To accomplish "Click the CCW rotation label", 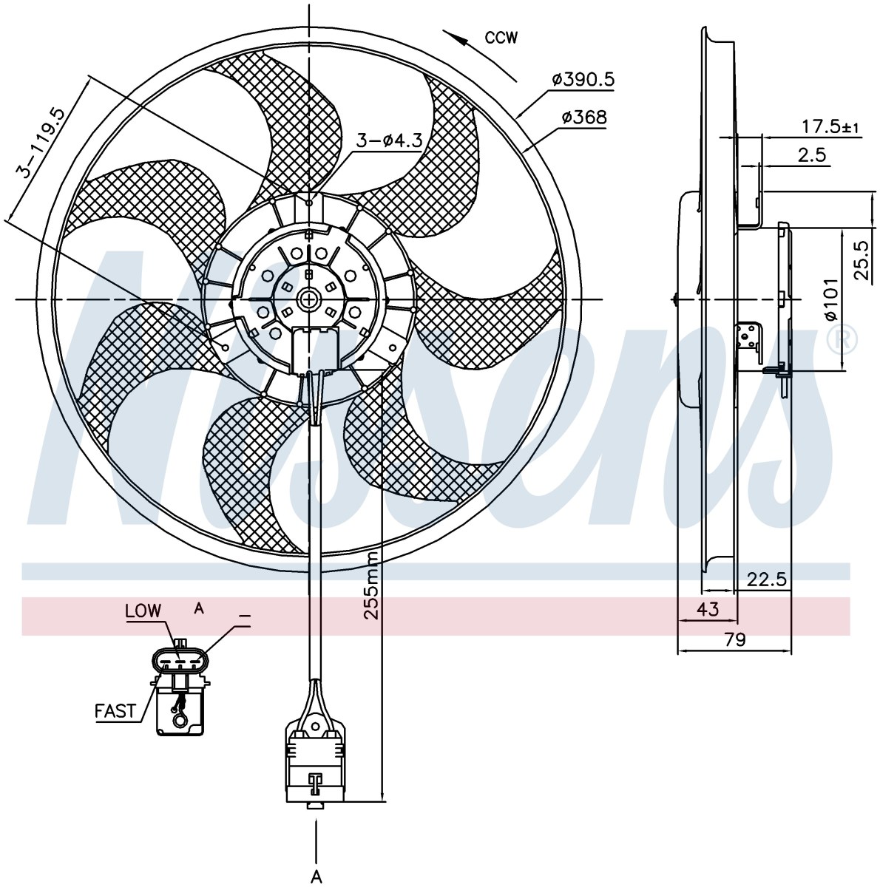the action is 501,38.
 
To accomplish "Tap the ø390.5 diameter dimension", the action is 583,80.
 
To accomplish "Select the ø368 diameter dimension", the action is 584,118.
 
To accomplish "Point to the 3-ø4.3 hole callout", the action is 389,141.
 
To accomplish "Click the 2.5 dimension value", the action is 812,154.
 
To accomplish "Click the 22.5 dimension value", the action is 766,579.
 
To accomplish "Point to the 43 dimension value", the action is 708,609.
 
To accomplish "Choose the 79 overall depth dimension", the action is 734,639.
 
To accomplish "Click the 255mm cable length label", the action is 372,585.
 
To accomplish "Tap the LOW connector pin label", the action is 143,611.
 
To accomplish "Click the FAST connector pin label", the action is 115,711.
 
